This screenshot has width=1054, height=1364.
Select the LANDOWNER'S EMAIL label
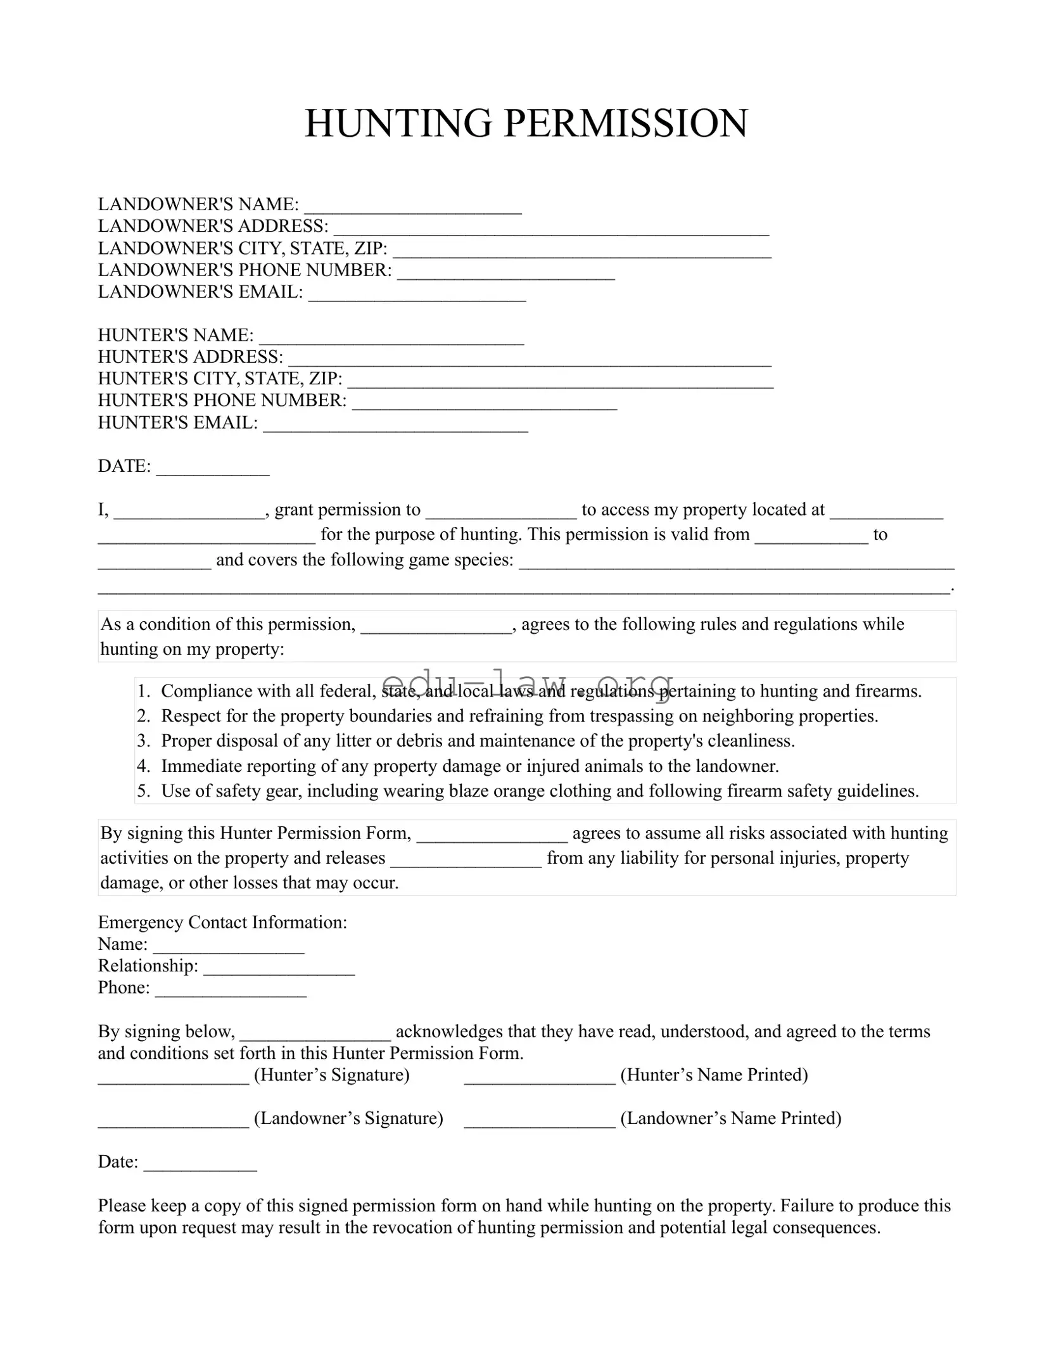200,292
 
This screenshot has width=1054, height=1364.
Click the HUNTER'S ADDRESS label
190,357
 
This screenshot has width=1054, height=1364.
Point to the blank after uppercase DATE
213,469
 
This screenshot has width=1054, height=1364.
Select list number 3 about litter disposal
144,741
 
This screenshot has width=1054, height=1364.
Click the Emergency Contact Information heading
222,922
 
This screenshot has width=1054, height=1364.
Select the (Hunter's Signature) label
332,1075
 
